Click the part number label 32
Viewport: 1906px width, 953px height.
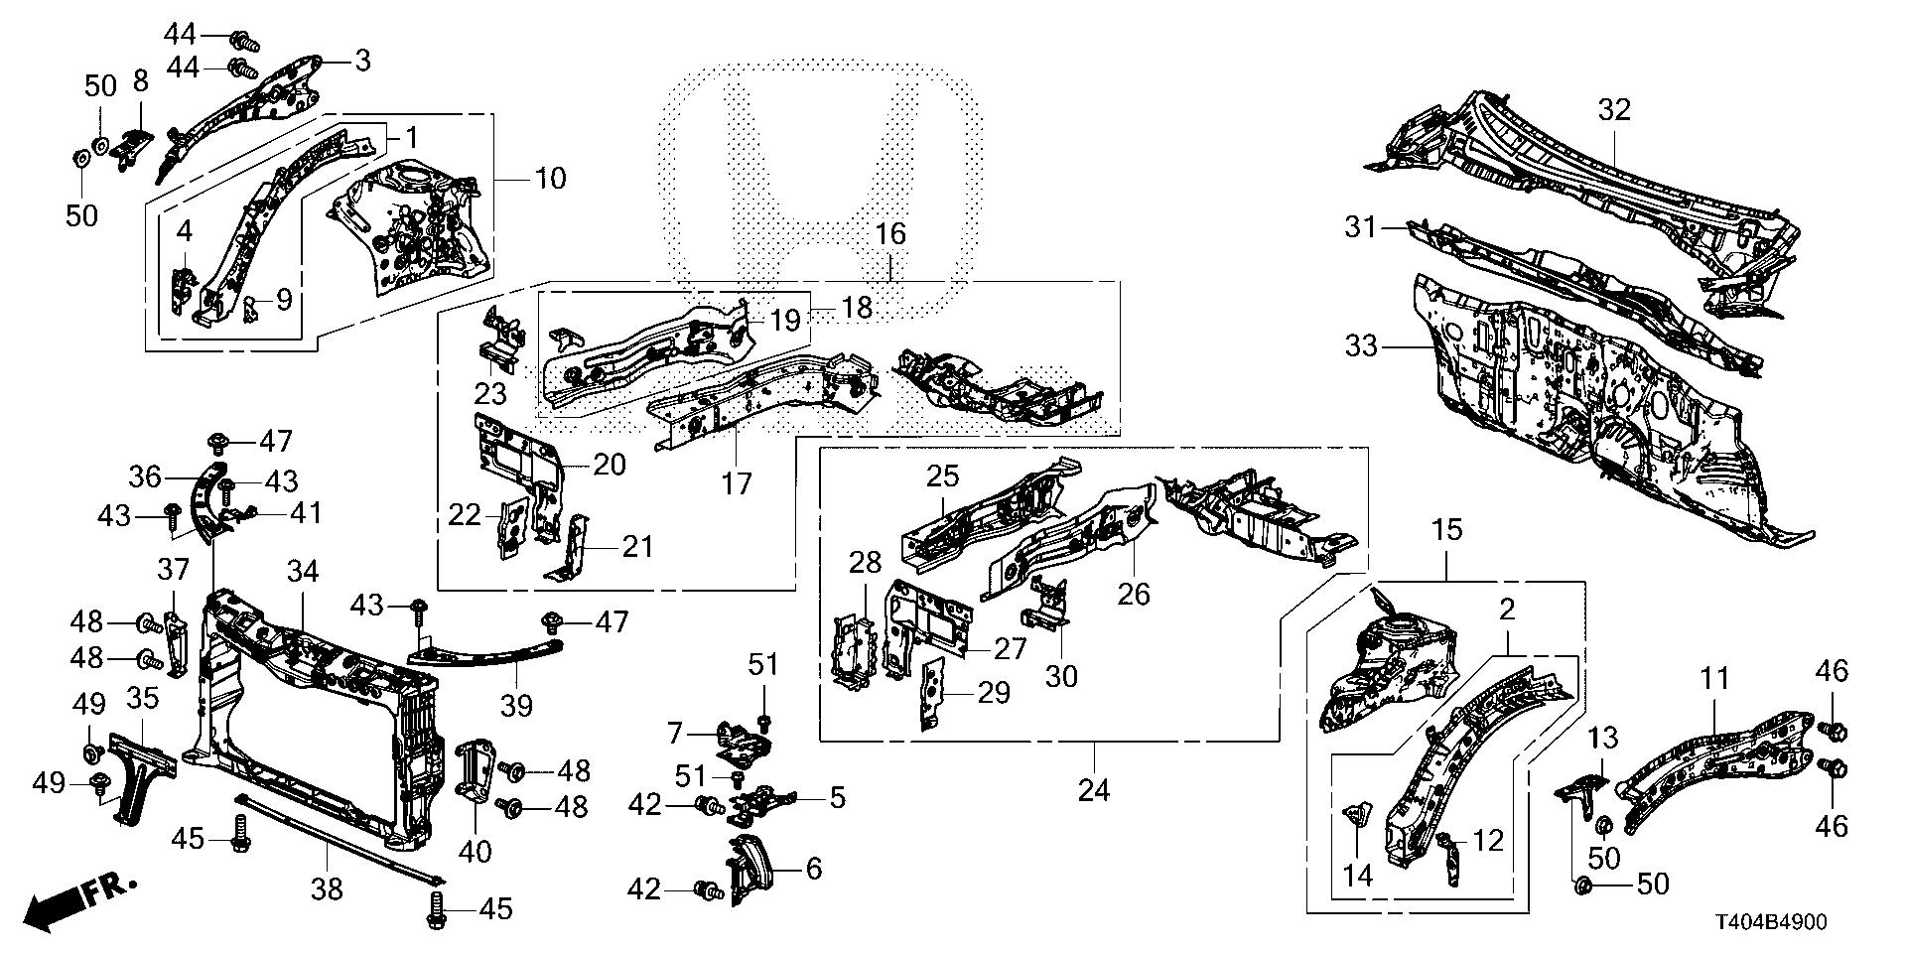pos(1614,110)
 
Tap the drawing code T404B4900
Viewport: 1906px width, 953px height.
pos(1770,922)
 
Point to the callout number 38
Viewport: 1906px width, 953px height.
pos(327,888)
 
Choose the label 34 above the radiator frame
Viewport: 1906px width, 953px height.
pos(304,571)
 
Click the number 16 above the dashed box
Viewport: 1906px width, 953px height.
pos(890,234)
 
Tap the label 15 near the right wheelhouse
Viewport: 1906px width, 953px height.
pos(1446,530)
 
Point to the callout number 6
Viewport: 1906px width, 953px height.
pos(814,869)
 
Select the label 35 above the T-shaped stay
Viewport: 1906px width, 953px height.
pos(143,698)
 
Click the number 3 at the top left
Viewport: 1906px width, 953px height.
pos(361,61)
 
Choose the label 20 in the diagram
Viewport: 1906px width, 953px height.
pos(610,464)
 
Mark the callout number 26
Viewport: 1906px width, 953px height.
pos(1134,594)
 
